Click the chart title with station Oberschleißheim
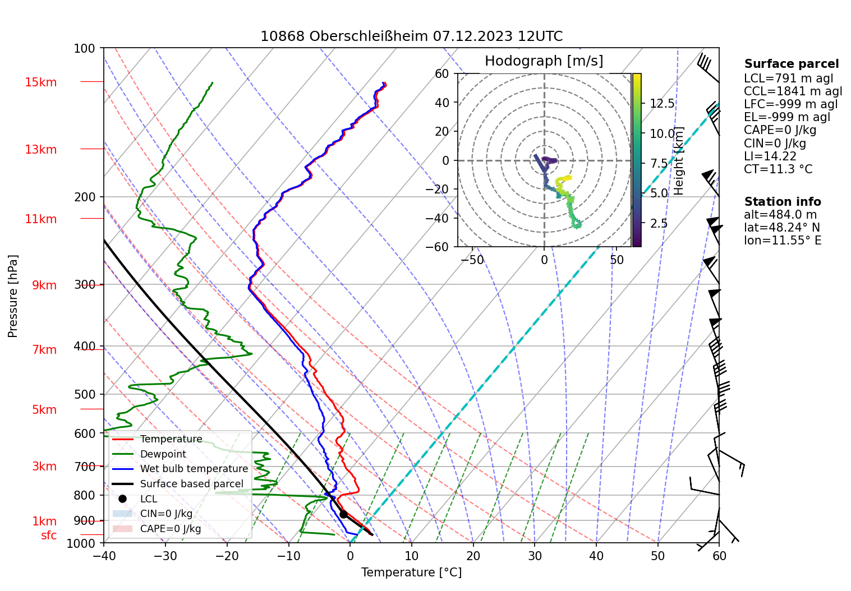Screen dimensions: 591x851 (411, 36)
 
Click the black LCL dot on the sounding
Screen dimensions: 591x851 (343, 514)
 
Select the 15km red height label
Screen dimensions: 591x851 (40, 82)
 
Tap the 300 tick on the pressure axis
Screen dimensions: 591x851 (85, 285)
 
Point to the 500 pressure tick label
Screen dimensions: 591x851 (85, 394)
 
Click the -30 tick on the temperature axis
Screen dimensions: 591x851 (165, 556)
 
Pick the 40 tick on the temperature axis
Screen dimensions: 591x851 (596, 556)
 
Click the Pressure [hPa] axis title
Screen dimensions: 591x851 (13, 296)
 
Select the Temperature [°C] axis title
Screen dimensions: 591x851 (411, 572)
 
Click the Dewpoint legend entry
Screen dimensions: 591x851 (163, 454)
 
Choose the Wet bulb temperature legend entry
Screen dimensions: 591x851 (194, 469)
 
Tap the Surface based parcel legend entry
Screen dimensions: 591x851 (191, 484)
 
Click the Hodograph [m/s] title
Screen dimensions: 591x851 (544, 61)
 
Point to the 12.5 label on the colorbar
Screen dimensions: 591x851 (662, 104)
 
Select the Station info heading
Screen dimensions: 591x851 (783, 202)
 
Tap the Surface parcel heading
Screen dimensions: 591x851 (791, 64)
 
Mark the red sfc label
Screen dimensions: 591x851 (49, 535)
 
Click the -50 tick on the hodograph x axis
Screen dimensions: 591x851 (475, 260)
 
